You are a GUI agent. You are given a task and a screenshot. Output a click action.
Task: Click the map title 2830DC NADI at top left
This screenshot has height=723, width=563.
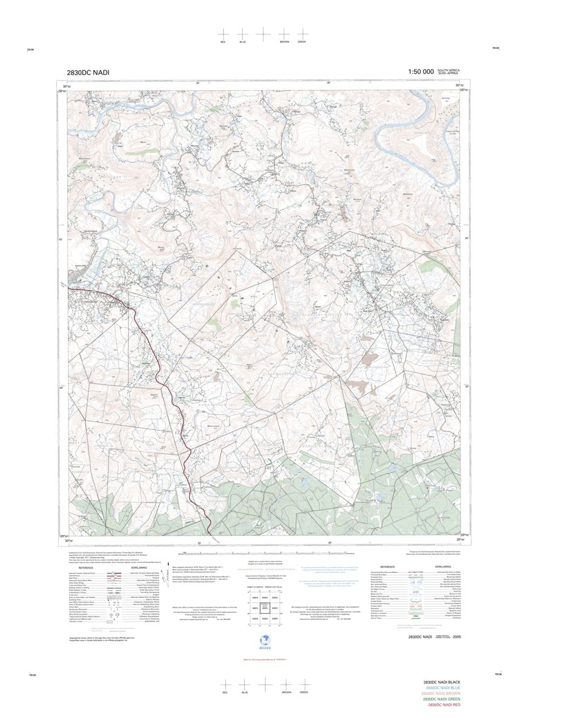point(88,72)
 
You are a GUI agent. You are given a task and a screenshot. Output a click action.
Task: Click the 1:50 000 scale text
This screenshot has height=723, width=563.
point(421,71)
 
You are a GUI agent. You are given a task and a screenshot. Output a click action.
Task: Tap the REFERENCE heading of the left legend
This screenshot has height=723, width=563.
point(85,567)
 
